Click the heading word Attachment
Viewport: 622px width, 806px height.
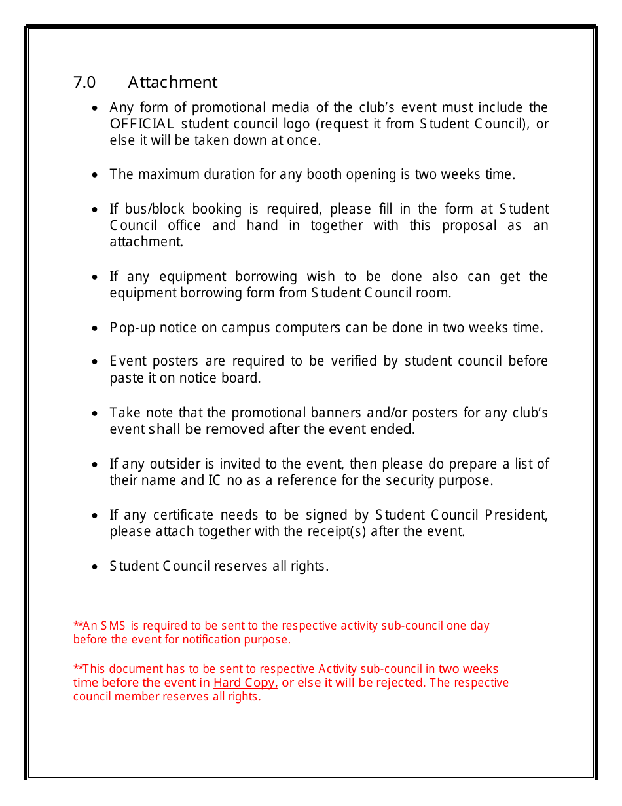point(172,83)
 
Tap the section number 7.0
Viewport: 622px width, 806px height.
point(84,83)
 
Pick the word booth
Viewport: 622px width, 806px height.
point(324,174)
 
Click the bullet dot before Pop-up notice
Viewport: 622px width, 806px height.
point(96,328)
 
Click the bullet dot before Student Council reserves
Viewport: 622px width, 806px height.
point(96,567)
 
